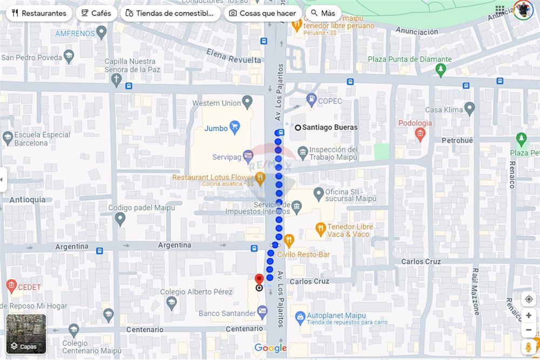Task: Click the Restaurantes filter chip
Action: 39,13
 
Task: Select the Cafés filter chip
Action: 96,13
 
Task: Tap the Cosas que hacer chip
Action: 262,13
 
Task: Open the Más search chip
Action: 323,13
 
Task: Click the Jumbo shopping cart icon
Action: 234,128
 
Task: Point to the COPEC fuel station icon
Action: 312,100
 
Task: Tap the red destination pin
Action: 259,280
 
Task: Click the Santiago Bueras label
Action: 329,127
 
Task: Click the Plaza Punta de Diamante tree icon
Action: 441,70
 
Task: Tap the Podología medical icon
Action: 420,134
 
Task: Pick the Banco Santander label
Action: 227,313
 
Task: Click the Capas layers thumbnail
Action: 26,334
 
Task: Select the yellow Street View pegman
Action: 529,347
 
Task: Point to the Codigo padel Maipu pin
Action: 120,219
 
